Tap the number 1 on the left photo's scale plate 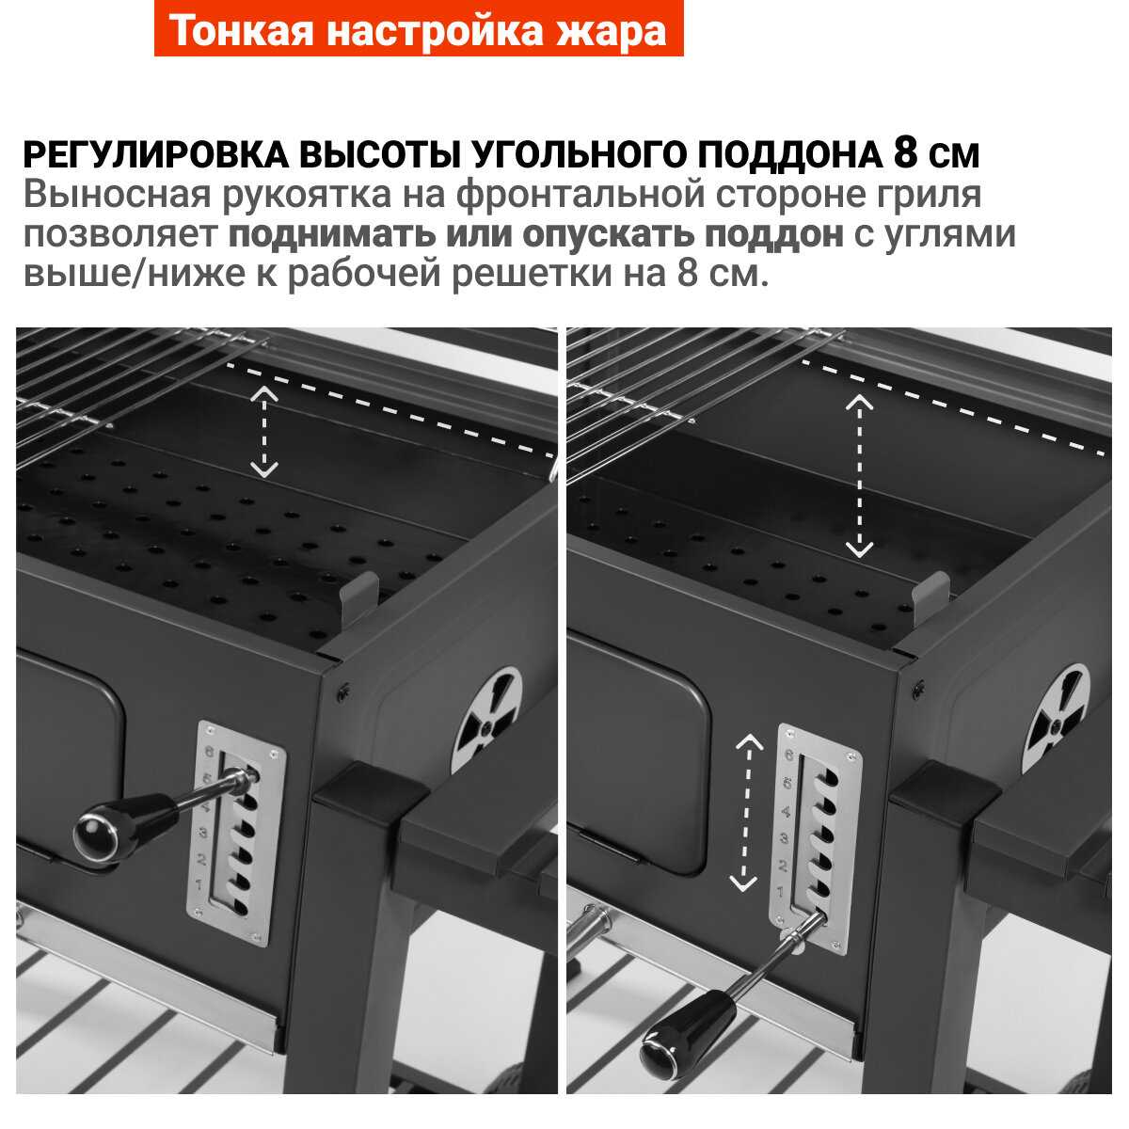199,883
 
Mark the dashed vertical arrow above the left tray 263,431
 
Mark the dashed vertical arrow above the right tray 858,475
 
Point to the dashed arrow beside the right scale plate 745,813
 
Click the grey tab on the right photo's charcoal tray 931,597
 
